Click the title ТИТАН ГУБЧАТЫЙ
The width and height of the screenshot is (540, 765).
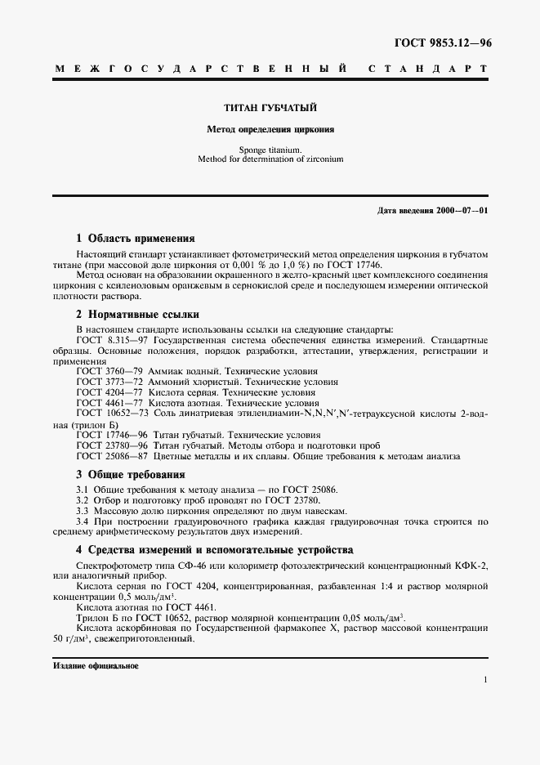coord(270,108)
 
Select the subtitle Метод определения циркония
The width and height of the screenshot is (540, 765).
coord(270,129)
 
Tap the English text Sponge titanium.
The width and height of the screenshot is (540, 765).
coord(270,150)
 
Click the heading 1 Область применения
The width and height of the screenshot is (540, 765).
coord(135,239)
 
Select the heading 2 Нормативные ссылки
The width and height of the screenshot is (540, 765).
coord(137,315)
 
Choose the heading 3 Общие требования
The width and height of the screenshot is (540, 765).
coord(130,474)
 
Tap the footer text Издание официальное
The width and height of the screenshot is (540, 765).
coord(96,666)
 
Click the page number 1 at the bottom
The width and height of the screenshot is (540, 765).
coord(485,680)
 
